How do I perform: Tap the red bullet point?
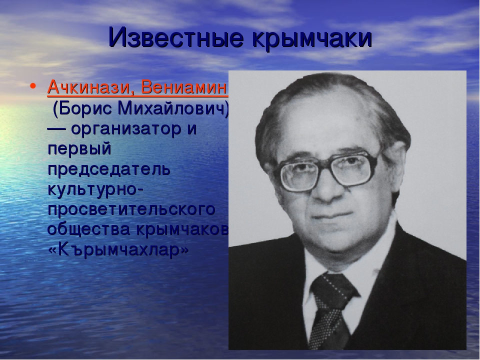33,86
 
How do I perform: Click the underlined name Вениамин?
183,87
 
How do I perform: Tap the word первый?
79,149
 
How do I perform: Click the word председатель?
108,169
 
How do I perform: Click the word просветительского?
131,209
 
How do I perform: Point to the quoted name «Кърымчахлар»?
118,250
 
